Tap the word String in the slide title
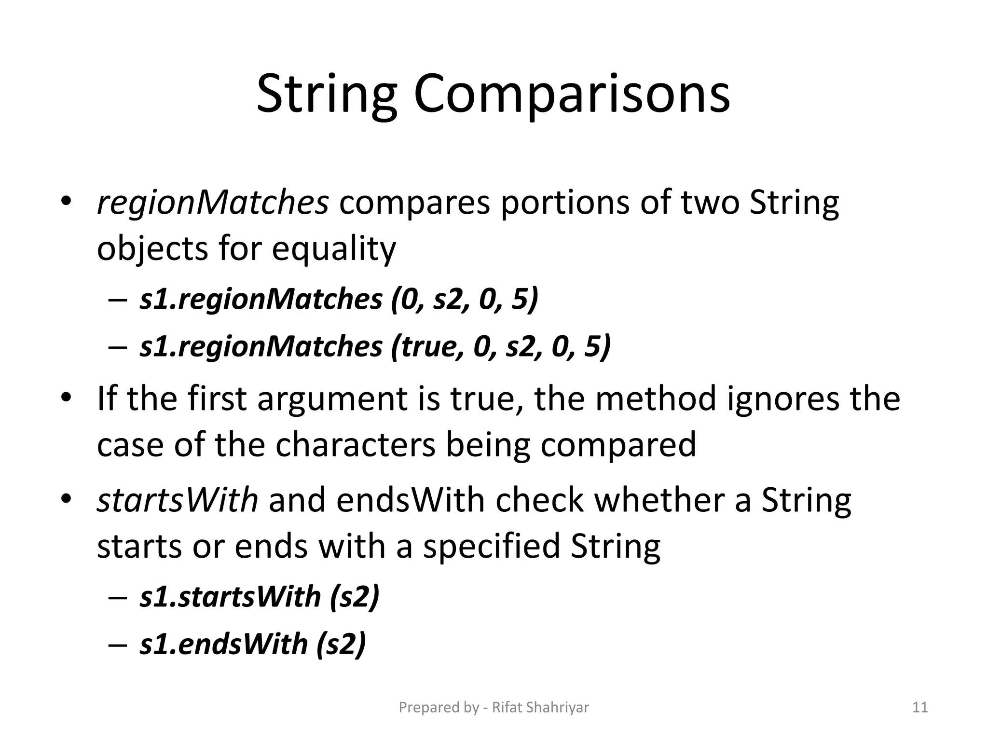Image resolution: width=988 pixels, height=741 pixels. [x=327, y=96]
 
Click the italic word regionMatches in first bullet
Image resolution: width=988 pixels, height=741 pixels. [x=213, y=203]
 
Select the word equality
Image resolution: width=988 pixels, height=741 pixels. [x=334, y=249]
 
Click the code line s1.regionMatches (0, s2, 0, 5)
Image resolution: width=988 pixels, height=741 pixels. [x=339, y=300]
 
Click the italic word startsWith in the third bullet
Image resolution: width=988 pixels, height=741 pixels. [x=178, y=500]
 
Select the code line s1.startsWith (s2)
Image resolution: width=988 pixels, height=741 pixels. [x=260, y=597]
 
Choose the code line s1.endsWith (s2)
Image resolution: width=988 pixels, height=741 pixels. [x=253, y=644]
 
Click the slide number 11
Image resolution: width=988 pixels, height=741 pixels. [x=920, y=708]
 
